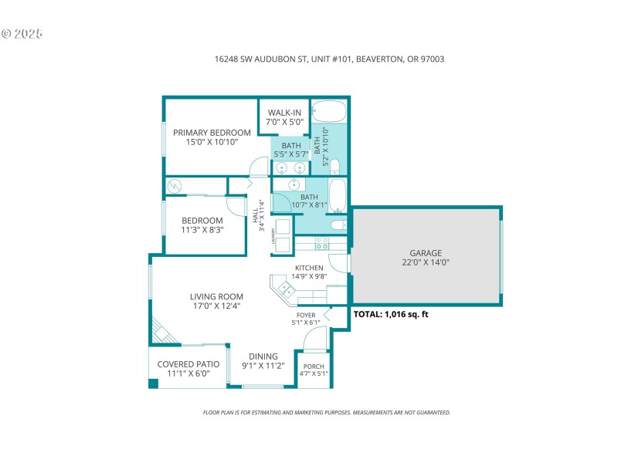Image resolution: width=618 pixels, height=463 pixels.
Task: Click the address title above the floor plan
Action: [x=329, y=59]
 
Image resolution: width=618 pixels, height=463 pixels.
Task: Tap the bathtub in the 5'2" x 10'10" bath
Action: [x=331, y=112]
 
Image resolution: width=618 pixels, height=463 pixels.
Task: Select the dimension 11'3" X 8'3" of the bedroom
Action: [x=202, y=229]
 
